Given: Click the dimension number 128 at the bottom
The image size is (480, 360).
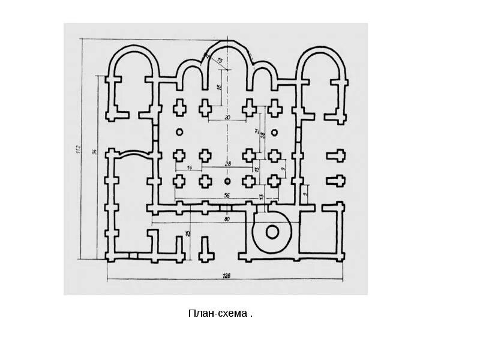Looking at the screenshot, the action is [227, 276].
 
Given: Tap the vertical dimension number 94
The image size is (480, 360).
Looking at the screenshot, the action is [94, 153].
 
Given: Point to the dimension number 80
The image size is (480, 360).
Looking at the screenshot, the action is [227, 219].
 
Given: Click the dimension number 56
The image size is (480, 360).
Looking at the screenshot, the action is [227, 196].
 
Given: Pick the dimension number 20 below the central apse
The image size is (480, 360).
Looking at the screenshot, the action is [227, 117].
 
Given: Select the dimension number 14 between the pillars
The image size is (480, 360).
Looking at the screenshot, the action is [190, 167].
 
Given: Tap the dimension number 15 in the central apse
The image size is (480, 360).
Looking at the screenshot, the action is [220, 61].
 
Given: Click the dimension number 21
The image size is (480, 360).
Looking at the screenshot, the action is [256, 131].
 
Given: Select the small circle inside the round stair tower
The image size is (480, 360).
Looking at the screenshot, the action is [272, 231].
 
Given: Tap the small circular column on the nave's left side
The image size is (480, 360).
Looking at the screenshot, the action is [178, 132].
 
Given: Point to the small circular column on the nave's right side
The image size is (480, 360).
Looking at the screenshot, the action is [275, 132].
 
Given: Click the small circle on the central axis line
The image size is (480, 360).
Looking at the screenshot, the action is [227, 180].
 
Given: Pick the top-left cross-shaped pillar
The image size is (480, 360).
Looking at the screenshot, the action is [179, 108].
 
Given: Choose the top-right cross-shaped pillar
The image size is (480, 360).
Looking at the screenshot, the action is [275, 108].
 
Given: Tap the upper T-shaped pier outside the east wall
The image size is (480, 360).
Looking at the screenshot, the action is [336, 157].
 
